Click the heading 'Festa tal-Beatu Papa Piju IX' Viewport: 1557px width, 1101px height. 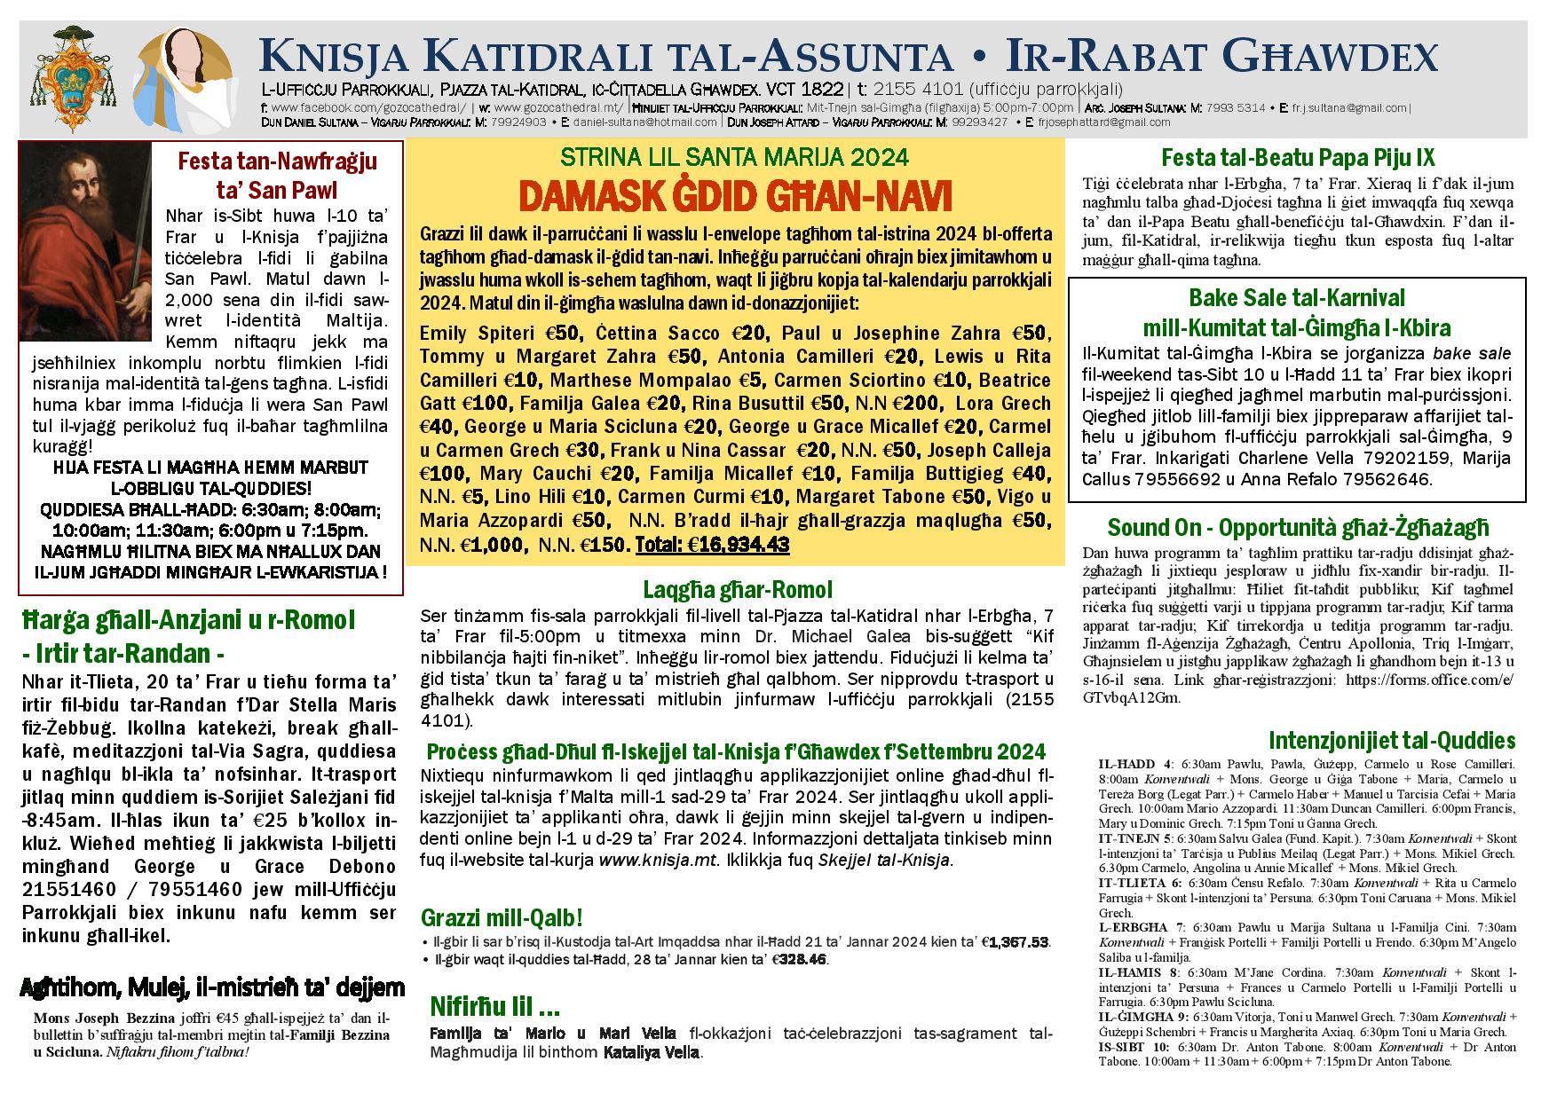coord(1298,158)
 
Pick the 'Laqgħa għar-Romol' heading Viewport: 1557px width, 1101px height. coord(737,589)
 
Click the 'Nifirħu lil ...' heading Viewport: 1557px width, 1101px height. coord(494,1006)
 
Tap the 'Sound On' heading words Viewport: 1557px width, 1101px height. coord(1150,528)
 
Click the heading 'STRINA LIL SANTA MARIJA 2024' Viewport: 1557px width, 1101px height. coord(735,158)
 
